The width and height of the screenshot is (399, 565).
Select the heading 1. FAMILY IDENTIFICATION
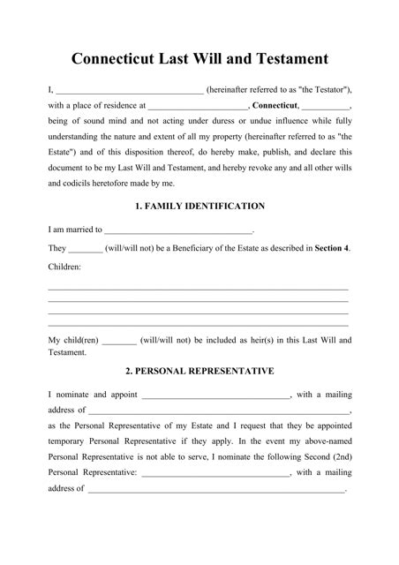pyautogui.click(x=199, y=206)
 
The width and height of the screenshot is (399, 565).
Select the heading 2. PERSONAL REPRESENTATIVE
pyautogui.click(x=199, y=371)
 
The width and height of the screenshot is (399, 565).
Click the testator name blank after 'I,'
pyautogui.click(x=130, y=90)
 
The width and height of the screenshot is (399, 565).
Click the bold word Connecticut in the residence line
pyautogui.click(x=274, y=106)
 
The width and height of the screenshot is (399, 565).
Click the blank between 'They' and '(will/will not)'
pyautogui.click(x=85, y=248)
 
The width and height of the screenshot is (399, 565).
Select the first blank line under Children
pyautogui.click(x=198, y=288)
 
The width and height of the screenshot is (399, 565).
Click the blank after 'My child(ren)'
pyautogui.click(x=119, y=339)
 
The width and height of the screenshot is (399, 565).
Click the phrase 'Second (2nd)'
pyautogui.click(x=327, y=456)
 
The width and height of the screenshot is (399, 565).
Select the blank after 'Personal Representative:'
pyautogui.click(x=215, y=472)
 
